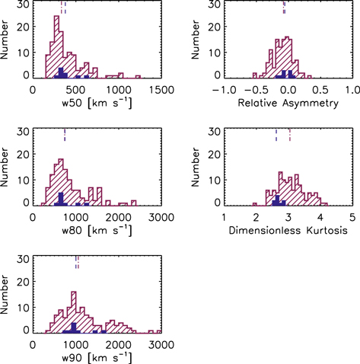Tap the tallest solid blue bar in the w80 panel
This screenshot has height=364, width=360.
(x=61, y=199)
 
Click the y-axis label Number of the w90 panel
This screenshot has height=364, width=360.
(x=7, y=294)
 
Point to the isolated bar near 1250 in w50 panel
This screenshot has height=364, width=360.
(x=139, y=77)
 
